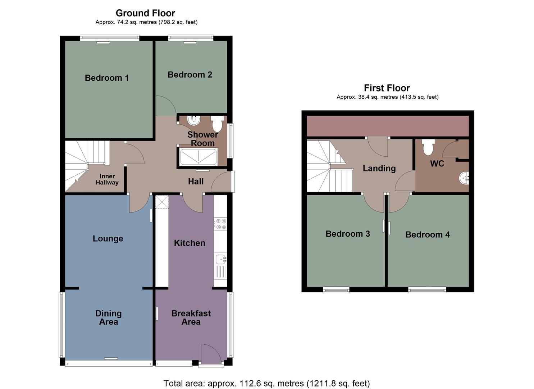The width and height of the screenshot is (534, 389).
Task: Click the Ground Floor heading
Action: click(x=145, y=13)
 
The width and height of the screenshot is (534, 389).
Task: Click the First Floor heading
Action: click(x=387, y=88)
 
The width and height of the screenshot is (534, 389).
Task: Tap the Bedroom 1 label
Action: click(x=107, y=78)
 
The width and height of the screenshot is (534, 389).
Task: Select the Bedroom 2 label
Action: click(x=190, y=75)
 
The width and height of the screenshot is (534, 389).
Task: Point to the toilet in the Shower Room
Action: click(x=217, y=124)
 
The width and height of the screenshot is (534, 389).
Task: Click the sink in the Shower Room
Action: click(x=194, y=120)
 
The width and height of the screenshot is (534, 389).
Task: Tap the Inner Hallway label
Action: click(x=107, y=179)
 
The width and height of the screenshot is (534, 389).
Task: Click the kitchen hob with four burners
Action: click(x=220, y=224)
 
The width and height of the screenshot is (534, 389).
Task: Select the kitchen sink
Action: click(x=220, y=259)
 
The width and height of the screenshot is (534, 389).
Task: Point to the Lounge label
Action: click(x=108, y=238)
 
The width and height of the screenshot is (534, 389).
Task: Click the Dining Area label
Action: click(x=108, y=318)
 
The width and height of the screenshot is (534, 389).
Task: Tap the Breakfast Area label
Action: click(x=191, y=318)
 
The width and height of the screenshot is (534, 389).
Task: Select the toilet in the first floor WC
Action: click(x=428, y=147)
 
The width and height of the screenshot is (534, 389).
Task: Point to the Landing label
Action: click(x=379, y=168)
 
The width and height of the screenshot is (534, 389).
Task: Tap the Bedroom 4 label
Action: click(x=428, y=234)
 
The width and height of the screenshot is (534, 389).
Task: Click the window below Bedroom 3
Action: click(x=336, y=290)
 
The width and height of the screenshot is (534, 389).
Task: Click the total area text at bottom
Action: click(x=266, y=383)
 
